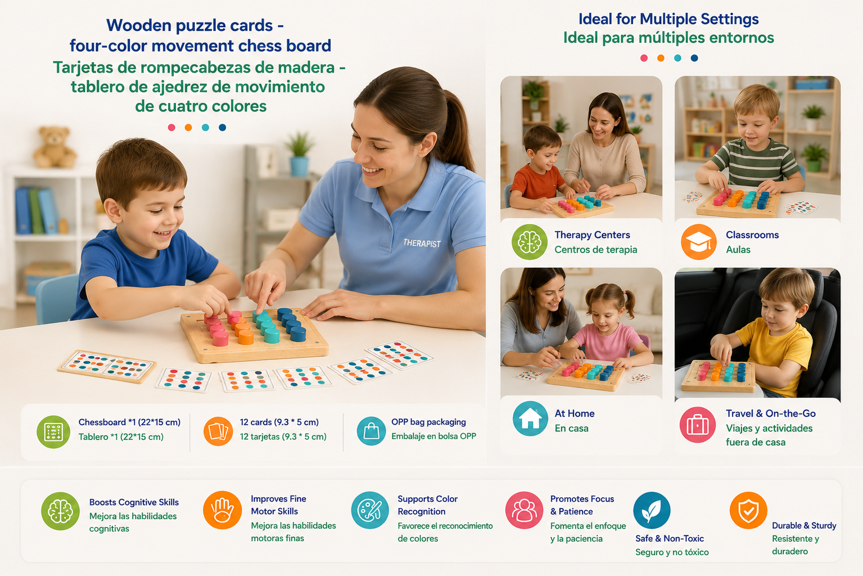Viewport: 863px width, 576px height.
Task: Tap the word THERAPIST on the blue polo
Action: [x=422, y=243]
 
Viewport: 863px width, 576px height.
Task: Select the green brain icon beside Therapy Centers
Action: [x=530, y=242]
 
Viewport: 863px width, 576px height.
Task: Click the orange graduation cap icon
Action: [x=698, y=242]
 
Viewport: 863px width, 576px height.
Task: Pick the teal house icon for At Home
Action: [x=530, y=418]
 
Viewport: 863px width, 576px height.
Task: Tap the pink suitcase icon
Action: [x=697, y=425]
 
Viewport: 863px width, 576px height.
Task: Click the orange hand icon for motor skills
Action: [x=222, y=510]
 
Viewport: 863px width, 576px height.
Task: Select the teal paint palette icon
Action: [x=370, y=510]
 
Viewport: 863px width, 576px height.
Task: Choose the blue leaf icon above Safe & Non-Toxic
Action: [x=652, y=510]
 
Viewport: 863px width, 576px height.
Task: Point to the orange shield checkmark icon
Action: [x=748, y=510]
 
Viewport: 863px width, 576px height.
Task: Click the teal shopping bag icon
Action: [x=371, y=431]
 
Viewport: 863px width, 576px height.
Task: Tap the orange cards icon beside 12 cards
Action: [x=218, y=431]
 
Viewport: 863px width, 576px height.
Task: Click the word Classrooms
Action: [x=752, y=235]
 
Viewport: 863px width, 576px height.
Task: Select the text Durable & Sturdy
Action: [x=804, y=525]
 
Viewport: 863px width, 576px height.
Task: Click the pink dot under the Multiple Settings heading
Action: [x=644, y=58]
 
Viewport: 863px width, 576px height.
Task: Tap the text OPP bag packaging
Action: [x=428, y=422]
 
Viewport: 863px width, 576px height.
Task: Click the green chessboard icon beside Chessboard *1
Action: [x=53, y=432]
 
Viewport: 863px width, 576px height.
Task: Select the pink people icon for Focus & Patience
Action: [x=524, y=510]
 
